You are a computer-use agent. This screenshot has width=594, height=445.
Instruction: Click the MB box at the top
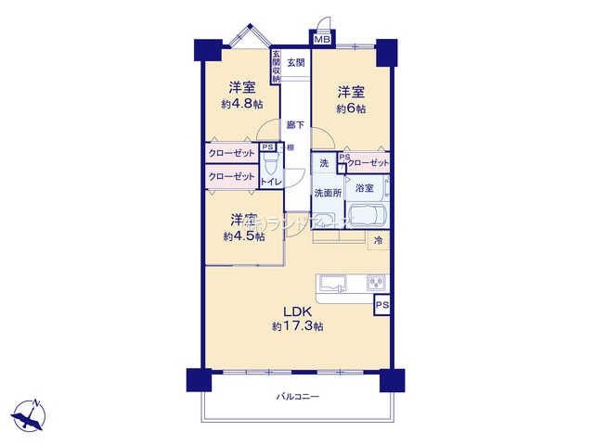(322, 40)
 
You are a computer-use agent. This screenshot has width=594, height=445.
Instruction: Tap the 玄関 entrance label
(295, 63)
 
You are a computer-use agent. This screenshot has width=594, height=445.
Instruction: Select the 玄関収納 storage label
(276, 67)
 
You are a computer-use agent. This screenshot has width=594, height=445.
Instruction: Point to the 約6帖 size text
(351, 108)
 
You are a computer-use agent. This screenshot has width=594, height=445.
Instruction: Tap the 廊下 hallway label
(294, 124)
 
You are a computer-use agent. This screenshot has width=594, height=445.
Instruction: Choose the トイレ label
(271, 182)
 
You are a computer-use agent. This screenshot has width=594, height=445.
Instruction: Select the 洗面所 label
(327, 193)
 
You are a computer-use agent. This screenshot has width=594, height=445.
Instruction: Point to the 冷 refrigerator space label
(378, 241)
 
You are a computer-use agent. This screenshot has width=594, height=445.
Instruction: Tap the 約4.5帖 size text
(243, 236)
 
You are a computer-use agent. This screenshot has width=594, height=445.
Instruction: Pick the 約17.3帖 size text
(297, 326)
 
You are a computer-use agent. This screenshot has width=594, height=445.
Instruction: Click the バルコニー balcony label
(297, 397)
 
